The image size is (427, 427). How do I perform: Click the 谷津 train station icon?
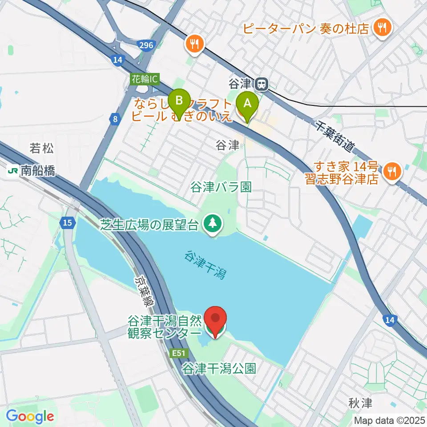(x=262, y=83)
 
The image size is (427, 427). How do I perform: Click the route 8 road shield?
(x=115, y=119)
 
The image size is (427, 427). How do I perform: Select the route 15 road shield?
(x=67, y=223)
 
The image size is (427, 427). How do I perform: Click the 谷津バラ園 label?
(x=221, y=186)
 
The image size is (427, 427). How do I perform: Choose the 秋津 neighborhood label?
(x=360, y=403)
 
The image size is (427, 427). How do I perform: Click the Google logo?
(x=30, y=416)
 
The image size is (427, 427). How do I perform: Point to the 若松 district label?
(x=42, y=148)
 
